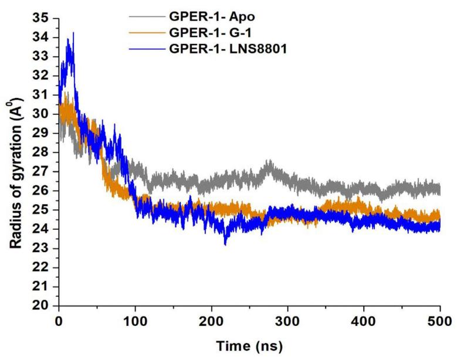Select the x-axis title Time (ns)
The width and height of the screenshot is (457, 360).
tap(249, 345)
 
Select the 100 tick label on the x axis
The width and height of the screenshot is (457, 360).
tap(135, 320)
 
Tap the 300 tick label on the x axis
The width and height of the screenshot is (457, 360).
tap(287, 320)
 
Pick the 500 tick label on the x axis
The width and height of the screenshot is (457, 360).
tap(439, 320)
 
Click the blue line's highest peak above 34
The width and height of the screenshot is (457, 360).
tap(73, 33)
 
